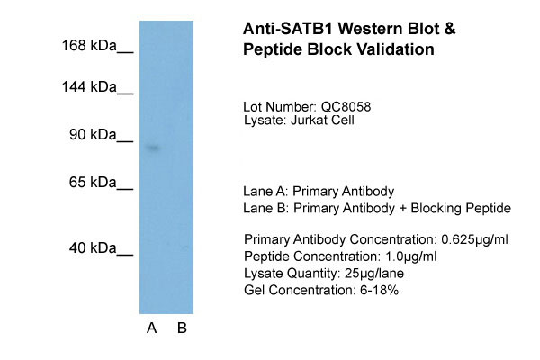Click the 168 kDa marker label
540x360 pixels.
89,45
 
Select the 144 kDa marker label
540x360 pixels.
89,86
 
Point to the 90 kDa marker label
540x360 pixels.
93,134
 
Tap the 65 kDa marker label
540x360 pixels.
93,182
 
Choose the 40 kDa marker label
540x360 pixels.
93,247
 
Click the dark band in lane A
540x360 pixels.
153,148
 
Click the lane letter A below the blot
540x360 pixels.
152,328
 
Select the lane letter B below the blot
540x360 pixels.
182,328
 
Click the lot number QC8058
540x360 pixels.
346,107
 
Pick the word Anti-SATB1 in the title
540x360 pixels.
288,29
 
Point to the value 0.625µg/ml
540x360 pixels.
474,239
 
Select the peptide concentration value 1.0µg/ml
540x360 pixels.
411,256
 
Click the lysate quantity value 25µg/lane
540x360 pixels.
374,274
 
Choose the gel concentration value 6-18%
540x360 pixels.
379,290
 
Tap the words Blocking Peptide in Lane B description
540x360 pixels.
461,209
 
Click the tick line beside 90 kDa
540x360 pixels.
125,141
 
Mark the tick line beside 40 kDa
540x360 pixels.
125,255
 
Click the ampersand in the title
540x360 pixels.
449,29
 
